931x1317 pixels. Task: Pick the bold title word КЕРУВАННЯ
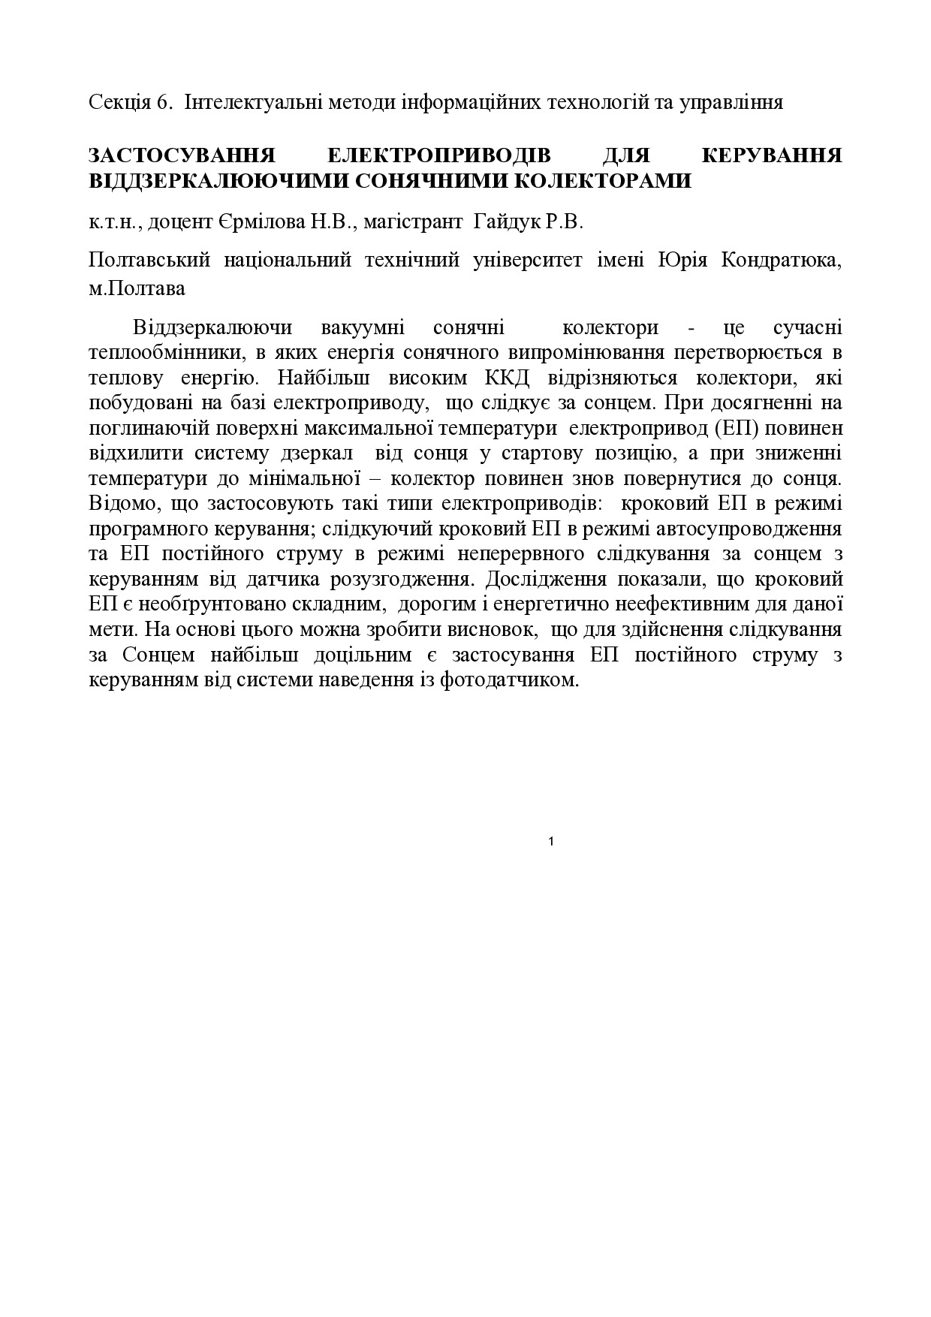coord(771,156)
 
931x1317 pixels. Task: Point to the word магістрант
coord(406,222)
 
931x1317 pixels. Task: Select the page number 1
coord(552,842)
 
